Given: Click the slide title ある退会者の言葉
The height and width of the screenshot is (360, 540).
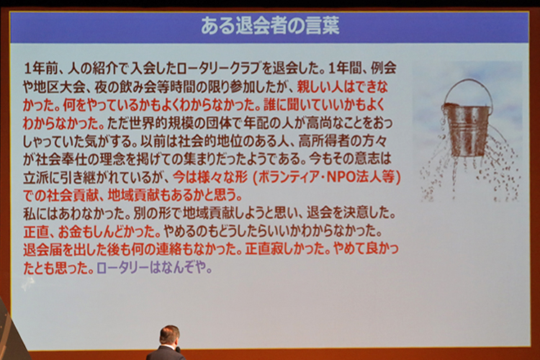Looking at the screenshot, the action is click(x=270, y=26).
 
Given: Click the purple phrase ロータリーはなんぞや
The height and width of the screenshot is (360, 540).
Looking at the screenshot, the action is click(x=154, y=268).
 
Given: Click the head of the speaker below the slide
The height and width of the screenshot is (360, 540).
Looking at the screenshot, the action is click(x=169, y=335).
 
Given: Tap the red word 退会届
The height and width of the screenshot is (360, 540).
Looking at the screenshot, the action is click(x=42, y=249).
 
